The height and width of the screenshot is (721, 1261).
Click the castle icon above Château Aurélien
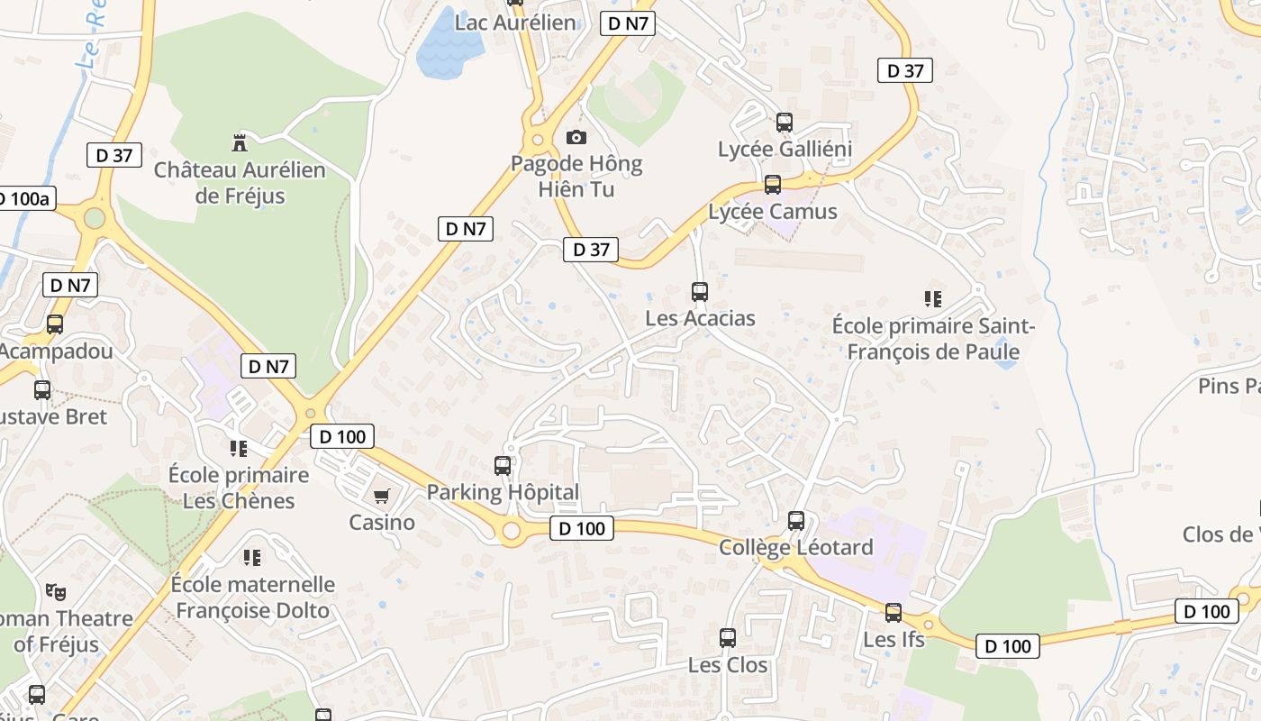[240, 142]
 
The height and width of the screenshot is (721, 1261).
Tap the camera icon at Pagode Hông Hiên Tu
[576, 137]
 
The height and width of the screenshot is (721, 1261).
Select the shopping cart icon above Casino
[382, 496]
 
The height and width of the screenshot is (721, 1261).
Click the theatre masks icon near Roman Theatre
[56, 592]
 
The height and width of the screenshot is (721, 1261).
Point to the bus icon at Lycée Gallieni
[785, 122]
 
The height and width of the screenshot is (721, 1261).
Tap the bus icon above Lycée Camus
[773, 185]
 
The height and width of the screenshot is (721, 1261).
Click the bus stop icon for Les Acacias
[700, 291]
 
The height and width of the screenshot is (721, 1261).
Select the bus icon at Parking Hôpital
[503, 466]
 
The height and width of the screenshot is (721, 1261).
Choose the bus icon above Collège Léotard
[796, 520]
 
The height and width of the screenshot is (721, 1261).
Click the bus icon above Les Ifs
[894, 613]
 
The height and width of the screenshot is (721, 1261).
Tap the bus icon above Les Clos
[728, 638]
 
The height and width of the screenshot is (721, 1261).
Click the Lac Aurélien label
[515, 23]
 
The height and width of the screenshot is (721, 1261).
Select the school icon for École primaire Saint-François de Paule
[933, 298]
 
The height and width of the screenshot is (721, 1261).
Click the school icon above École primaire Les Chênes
[239, 448]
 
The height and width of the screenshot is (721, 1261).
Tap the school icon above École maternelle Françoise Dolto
[252, 558]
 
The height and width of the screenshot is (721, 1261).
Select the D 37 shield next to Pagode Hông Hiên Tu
[591, 250]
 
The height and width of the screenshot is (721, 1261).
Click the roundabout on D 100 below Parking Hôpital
[512, 532]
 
